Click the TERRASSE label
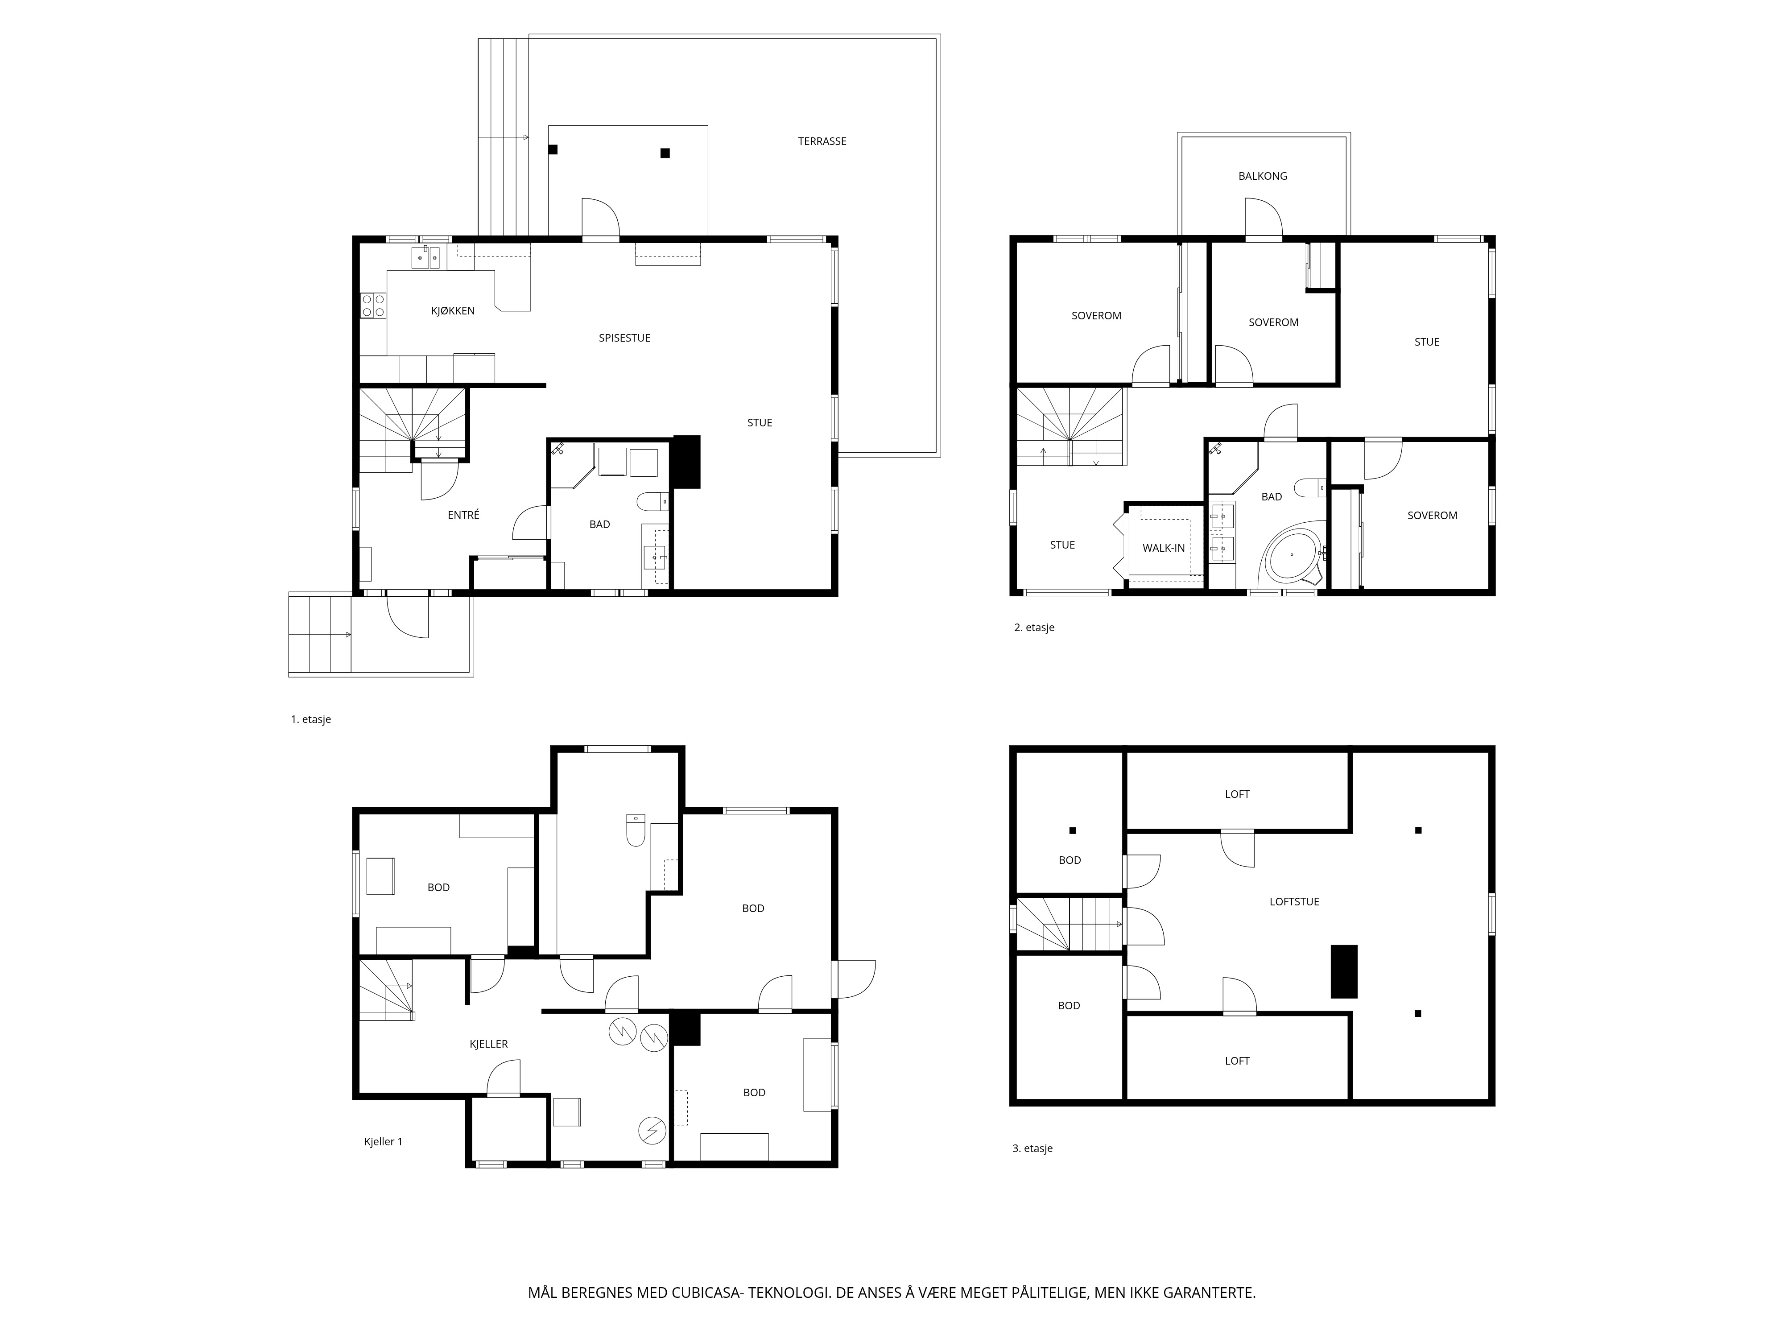(822, 141)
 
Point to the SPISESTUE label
(624, 338)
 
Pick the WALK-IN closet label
(1163, 548)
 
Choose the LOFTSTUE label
(1294, 902)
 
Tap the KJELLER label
(489, 1044)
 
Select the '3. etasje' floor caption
(1032, 1148)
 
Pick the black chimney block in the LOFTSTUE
(1344, 971)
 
